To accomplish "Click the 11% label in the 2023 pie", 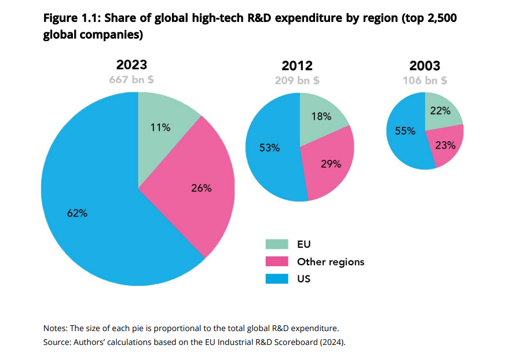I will (x=160, y=127).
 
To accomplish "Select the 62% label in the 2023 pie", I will (x=77, y=213).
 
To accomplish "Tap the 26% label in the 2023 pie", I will (x=202, y=188).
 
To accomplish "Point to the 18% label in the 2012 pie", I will (x=321, y=116).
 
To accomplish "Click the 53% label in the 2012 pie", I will (x=270, y=148).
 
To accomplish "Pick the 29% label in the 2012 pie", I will (x=331, y=164).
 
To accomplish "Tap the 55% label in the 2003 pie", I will (x=405, y=131).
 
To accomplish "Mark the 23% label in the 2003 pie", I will (x=445, y=145).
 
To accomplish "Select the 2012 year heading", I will (x=296, y=65).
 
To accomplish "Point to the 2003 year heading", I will (x=424, y=65).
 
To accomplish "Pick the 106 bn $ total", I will (x=424, y=80).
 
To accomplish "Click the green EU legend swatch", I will (x=277, y=244).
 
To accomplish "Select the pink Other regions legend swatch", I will (x=277, y=262).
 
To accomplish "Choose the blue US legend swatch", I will (x=277, y=278).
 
